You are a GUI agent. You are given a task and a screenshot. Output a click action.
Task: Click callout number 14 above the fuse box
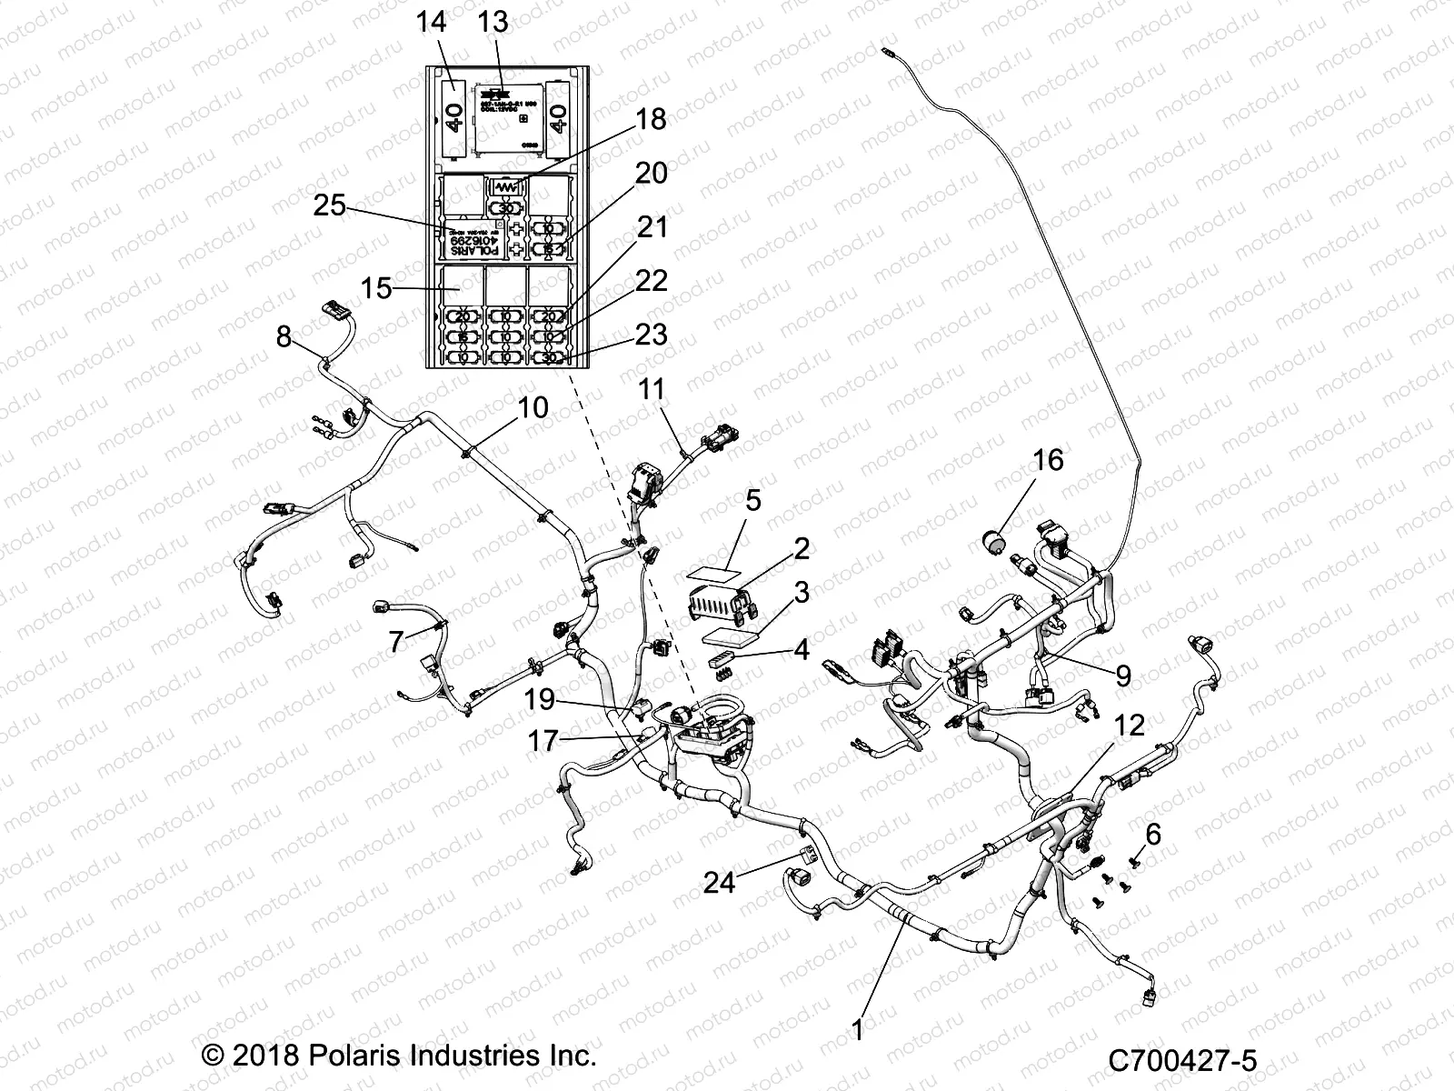433,22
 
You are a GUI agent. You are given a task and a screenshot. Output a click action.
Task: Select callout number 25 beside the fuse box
330,205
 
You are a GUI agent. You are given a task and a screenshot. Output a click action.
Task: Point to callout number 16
1048,460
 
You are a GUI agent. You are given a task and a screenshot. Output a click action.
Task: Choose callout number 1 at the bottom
858,1029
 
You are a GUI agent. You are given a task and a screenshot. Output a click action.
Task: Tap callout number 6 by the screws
1153,835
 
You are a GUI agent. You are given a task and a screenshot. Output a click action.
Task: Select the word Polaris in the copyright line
367,1057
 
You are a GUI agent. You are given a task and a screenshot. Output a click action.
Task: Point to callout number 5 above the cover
753,501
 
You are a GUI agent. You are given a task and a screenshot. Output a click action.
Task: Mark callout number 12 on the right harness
1130,726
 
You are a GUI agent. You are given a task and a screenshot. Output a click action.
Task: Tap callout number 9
1123,675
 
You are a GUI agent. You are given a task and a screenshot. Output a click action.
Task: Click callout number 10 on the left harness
533,408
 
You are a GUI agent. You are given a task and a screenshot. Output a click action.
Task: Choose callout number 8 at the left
284,337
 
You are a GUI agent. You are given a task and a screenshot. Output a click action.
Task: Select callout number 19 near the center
540,699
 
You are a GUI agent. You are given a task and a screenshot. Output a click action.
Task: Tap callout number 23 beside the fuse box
652,335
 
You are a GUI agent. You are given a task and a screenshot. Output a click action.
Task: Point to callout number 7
395,642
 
